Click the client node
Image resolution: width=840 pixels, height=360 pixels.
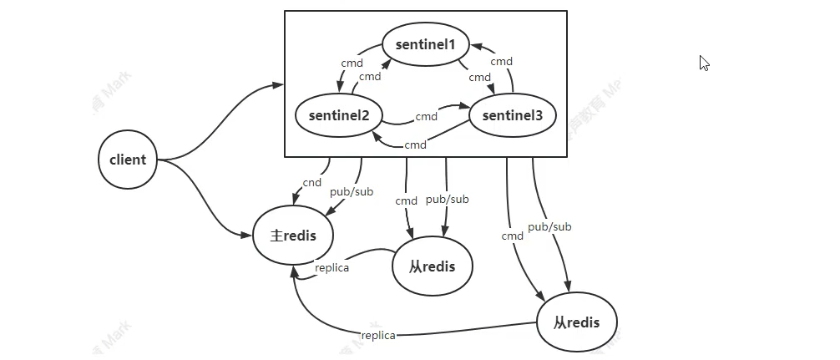pos(128,160)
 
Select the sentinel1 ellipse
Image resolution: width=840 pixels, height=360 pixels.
pos(426,44)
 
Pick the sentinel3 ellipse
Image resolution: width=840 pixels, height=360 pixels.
pos(511,115)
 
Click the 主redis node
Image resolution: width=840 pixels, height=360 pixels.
pos(293,236)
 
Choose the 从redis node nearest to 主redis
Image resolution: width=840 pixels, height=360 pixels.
pos(433,266)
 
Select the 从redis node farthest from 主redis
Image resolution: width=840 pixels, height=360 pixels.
pos(577,322)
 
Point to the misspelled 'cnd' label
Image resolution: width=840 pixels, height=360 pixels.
pos(312,182)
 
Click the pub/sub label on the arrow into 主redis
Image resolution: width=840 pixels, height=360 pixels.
pos(351,191)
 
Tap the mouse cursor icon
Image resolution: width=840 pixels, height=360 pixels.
pos(704,63)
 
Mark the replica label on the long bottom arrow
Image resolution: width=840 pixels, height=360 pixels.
pos(378,335)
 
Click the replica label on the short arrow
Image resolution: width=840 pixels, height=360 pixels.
pos(331,268)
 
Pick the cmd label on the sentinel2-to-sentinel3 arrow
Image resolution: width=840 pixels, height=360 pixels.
pos(427,116)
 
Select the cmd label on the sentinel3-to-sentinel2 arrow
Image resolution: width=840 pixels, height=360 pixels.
pos(416,145)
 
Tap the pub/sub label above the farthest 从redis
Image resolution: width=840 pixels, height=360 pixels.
pos(549,226)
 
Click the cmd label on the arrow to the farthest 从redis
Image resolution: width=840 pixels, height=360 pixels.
pos(512,236)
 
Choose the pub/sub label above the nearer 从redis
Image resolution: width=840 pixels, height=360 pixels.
pos(448,199)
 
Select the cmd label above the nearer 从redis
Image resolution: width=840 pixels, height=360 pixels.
pos(407,200)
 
